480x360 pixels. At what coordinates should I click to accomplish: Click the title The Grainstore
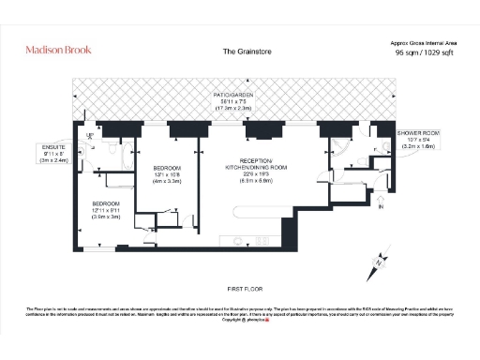[247, 52]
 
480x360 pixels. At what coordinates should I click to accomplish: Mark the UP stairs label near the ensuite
[89, 138]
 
